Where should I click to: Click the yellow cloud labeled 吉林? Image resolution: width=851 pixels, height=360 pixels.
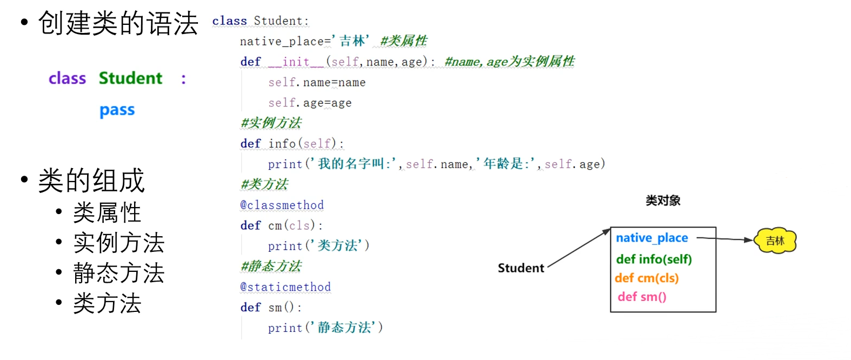pos(775,241)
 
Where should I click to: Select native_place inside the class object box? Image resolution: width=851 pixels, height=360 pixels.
pos(651,238)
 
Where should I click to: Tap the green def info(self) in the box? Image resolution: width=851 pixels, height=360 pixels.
pos(654,259)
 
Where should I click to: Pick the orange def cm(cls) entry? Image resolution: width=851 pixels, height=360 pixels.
pos(647,278)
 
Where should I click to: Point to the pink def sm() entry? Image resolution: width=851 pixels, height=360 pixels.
pos(642,297)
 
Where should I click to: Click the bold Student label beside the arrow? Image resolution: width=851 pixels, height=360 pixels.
pos(521,268)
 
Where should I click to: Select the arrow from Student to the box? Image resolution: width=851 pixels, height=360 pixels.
pos(579,248)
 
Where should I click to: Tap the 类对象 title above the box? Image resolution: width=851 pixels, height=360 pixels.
pos(663,201)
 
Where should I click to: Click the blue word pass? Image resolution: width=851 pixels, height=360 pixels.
pos(117,110)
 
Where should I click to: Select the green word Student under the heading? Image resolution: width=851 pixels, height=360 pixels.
pos(130,78)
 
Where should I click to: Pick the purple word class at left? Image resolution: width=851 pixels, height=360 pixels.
pos(67,79)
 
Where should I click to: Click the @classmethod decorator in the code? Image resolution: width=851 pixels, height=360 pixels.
pos(282,205)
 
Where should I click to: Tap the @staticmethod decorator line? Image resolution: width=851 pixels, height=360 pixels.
pos(285,287)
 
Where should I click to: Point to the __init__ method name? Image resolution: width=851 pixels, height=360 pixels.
pos(296,62)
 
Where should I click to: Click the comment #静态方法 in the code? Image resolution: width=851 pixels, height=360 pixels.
pos(271,266)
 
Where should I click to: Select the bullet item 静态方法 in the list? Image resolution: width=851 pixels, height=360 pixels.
pos(118,274)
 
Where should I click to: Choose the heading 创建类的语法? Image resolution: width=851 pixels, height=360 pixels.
pos(118,24)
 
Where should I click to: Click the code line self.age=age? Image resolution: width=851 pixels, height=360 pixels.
pos(310,103)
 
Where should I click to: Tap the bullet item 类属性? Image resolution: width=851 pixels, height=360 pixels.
pos(107,213)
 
